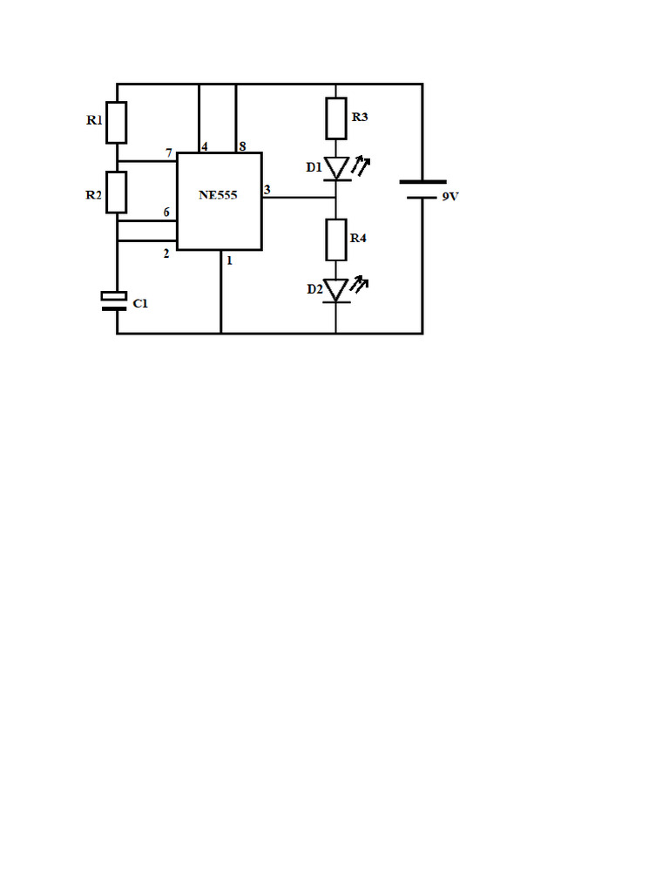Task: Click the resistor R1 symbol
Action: click(x=116, y=122)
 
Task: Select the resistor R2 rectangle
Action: click(x=116, y=193)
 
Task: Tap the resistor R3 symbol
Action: click(x=336, y=118)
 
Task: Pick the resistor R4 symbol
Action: click(x=336, y=240)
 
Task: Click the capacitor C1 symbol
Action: click(x=114, y=301)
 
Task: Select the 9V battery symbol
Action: click(x=422, y=190)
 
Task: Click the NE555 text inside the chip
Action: click(x=218, y=195)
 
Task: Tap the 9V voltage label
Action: click(x=450, y=196)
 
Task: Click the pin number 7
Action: click(x=169, y=153)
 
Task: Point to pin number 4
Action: click(x=205, y=146)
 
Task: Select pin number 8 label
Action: click(x=242, y=146)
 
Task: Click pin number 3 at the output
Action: click(x=267, y=189)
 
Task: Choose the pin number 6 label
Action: click(x=166, y=213)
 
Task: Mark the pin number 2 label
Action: click(x=166, y=253)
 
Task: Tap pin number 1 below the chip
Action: click(x=229, y=260)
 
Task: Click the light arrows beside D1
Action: click(x=361, y=166)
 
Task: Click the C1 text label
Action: click(x=140, y=304)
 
